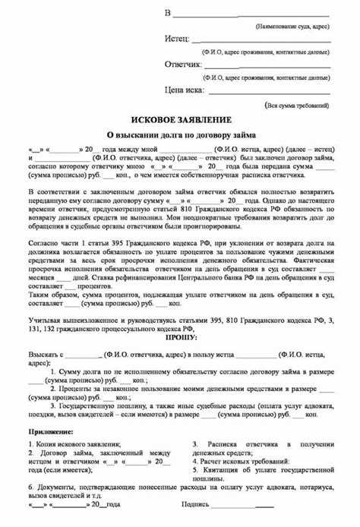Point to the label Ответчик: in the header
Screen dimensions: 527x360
pos(182,65)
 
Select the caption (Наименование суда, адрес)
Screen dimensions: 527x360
pos(292,25)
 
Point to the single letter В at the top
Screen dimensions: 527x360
pos(168,12)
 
